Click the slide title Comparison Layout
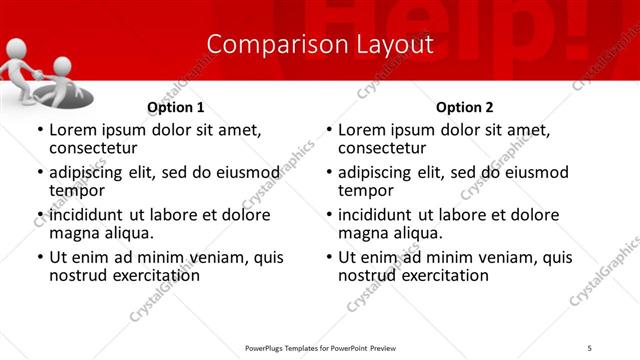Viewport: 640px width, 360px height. click(x=320, y=45)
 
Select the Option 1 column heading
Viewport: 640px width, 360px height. click(x=175, y=107)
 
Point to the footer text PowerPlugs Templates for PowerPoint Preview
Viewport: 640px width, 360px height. click(x=320, y=347)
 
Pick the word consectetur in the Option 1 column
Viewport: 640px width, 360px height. click(x=93, y=148)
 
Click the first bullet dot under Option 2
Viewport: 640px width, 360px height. click(x=329, y=131)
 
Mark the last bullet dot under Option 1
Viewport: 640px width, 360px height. click(x=40, y=258)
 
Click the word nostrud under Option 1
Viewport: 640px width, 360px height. click(x=78, y=275)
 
